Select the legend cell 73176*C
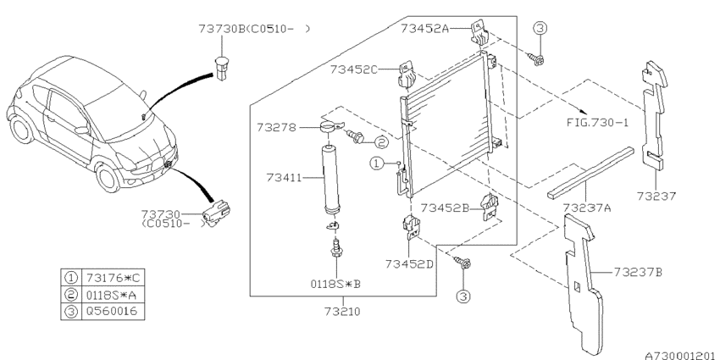coord(118,277)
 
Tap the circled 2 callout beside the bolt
coord(381,142)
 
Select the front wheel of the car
coord(109,180)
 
